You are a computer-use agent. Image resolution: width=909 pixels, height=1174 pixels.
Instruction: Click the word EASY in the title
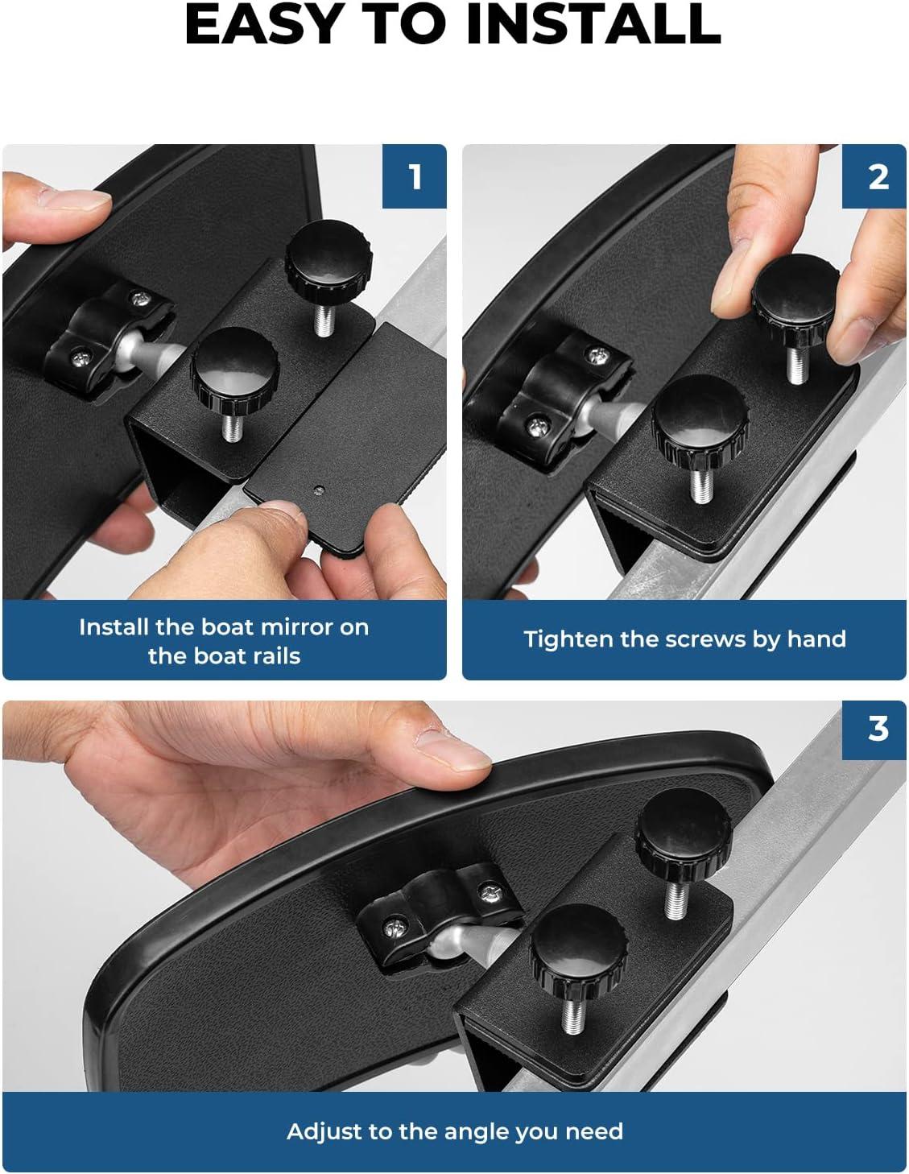click(x=262, y=25)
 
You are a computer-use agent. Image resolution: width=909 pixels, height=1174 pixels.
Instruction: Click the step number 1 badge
click(x=415, y=176)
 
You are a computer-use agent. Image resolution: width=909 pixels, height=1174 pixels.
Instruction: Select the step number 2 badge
click(x=874, y=176)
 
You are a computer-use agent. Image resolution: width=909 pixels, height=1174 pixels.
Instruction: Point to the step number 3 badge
click(x=874, y=729)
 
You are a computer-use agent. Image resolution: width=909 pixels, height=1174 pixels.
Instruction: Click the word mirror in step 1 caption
click(x=298, y=626)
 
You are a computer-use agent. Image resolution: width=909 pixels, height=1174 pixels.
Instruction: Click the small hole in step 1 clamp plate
click(x=319, y=490)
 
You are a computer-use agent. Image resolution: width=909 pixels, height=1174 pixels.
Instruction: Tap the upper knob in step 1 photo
click(x=328, y=256)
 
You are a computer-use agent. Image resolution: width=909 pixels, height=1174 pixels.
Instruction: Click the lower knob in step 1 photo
click(x=234, y=370)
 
